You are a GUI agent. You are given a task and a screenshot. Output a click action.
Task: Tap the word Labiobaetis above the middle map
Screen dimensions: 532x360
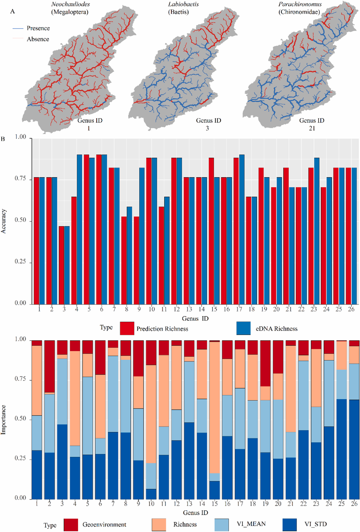[x=183, y=5]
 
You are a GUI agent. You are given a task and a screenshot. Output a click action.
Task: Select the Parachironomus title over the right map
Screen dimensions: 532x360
[x=300, y=5]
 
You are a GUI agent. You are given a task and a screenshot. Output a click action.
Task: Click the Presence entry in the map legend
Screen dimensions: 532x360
[x=38, y=28]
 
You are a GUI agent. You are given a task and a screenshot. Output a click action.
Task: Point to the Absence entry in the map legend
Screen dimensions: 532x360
[x=38, y=39]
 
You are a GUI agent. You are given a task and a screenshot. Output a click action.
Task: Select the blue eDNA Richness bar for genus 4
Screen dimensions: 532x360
[x=79, y=229]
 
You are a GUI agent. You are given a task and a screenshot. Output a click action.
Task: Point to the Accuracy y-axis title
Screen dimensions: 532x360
[x=4, y=221]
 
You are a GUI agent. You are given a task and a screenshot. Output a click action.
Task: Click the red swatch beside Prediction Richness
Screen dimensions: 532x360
[x=127, y=328]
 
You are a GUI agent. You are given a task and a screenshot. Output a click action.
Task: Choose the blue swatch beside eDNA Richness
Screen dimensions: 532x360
[x=243, y=328]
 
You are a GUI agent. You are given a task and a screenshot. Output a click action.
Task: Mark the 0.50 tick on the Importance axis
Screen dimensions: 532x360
[x=20, y=419]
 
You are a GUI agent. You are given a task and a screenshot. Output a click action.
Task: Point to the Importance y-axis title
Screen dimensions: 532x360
[x=4, y=419]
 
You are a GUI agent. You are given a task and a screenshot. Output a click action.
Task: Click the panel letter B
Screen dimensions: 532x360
[x=3, y=139]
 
